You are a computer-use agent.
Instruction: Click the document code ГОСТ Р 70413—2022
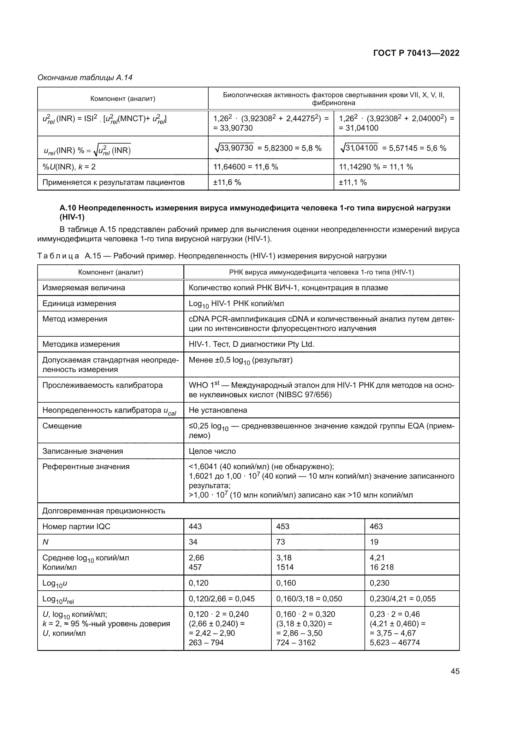tap(416, 53)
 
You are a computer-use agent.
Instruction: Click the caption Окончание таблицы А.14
tap(85, 78)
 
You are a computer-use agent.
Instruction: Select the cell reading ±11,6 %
tap(227, 182)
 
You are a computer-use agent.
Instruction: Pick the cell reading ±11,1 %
tap(353, 182)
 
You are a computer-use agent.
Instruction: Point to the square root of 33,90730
tap(234, 148)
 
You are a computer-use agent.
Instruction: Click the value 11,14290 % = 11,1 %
tap(376, 167)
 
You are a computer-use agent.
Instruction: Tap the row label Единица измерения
tap(79, 304)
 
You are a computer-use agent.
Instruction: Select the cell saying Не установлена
tap(218, 410)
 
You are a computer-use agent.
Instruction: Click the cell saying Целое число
tap(212, 451)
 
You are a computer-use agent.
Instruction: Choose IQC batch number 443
tap(195, 526)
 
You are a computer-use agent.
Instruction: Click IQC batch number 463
tap(376, 526)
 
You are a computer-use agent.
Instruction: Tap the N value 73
tap(280, 542)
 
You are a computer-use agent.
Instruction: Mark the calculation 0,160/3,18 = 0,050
tap(309, 599)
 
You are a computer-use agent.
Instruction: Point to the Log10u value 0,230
tap(379, 583)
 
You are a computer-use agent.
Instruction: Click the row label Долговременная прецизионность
tap(104, 511)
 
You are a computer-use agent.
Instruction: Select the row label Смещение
tap(62, 426)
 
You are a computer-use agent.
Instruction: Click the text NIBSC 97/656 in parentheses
tap(304, 394)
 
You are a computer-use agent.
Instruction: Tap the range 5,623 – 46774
tap(394, 642)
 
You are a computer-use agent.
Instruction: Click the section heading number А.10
tap(67, 208)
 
